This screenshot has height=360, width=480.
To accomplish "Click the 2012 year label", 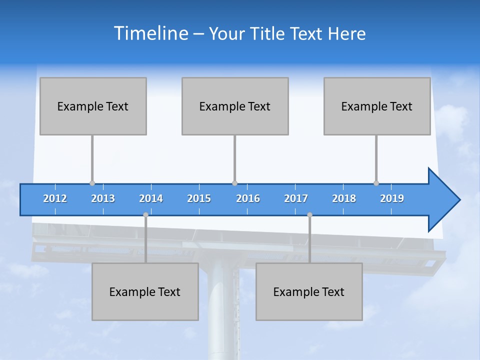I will [x=55, y=198].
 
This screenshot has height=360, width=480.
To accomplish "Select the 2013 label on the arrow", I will [x=103, y=198].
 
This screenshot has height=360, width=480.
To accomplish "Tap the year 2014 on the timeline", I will [x=151, y=198].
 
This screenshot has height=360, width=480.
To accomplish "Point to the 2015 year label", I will [x=199, y=198].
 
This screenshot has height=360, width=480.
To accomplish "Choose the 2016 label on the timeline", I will [x=248, y=198].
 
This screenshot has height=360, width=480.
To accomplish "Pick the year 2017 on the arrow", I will [x=296, y=198].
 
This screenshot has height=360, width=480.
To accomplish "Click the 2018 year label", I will [x=344, y=198].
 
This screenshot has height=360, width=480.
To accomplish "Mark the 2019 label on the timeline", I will [x=392, y=198].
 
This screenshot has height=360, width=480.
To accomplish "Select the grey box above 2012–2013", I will [x=93, y=106].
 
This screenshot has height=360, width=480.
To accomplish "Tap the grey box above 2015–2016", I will [x=235, y=106].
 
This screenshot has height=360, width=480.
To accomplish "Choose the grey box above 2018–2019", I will [x=377, y=106].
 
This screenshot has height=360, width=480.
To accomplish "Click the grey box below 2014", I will [x=145, y=291].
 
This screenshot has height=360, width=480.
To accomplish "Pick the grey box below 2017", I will [x=309, y=291].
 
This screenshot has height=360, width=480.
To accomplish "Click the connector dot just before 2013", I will [x=92, y=183].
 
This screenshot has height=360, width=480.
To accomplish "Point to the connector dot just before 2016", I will [x=234, y=183].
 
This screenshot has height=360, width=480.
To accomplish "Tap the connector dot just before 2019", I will [x=376, y=183].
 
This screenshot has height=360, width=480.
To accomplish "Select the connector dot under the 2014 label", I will [x=145, y=214].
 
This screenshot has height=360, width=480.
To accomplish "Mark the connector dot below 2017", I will [x=309, y=214].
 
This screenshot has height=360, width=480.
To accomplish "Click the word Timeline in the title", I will [x=150, y=33].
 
